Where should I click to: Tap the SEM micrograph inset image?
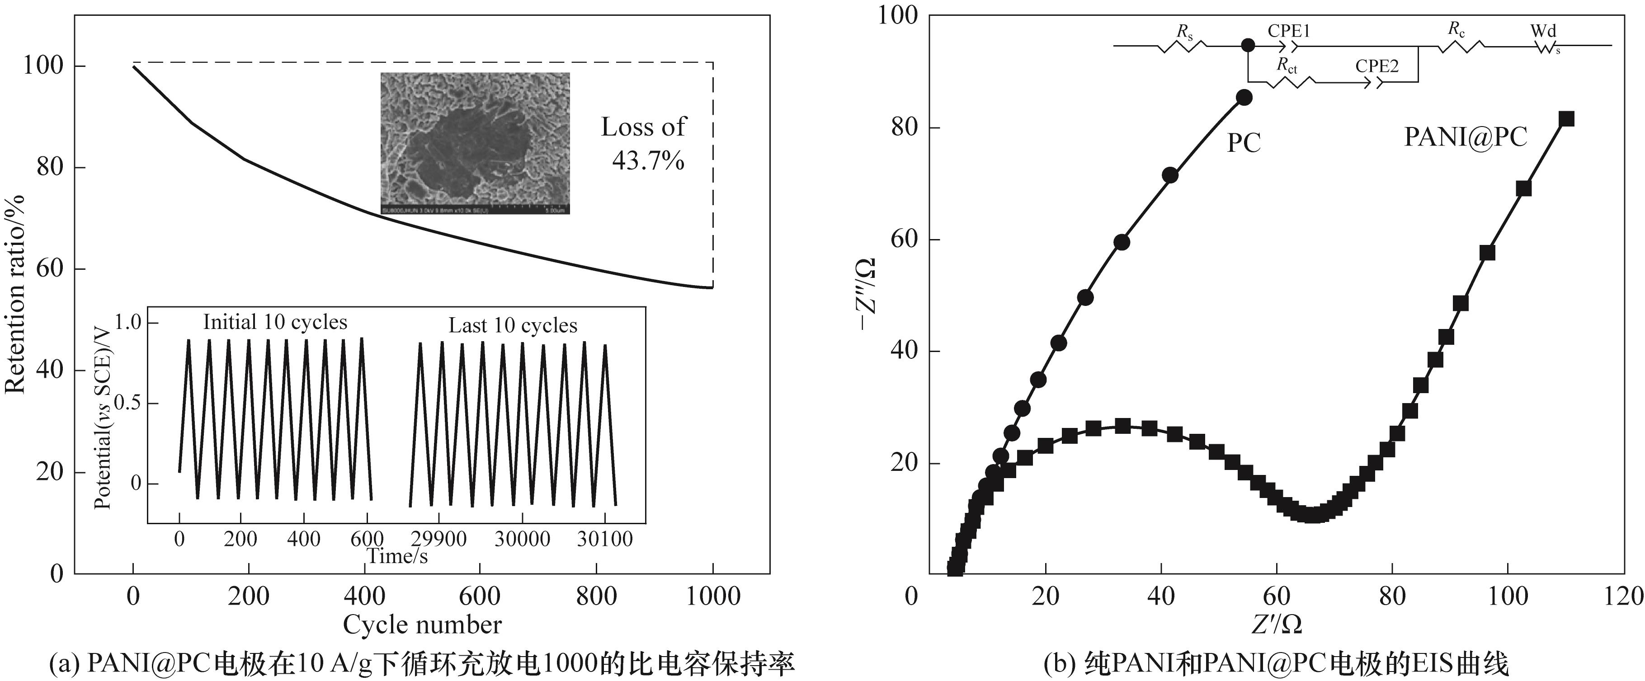coord(475,143)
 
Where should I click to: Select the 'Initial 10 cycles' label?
coord(275,322)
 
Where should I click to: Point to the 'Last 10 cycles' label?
coord(513,325)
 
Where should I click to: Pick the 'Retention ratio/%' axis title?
coord(15,294)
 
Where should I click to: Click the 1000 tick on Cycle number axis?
coord(713,596)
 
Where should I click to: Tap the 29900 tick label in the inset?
coord(438,539)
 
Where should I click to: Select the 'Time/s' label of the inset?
coord(397,557)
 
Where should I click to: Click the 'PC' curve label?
coord(1244,143)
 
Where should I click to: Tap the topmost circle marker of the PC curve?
coord(1244,98)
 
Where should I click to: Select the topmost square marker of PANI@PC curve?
coord(1566,119)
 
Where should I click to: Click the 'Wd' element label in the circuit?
coord(1543,31)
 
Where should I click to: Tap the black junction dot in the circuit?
coord(1248,45)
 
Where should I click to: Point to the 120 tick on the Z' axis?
coord(1625,596)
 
